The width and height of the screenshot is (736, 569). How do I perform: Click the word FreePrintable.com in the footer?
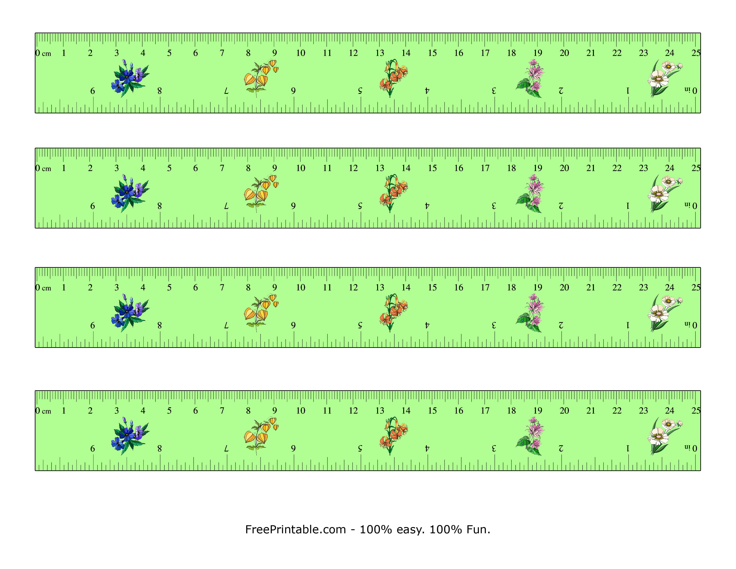[295, 530]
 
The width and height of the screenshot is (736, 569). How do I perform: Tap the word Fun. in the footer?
[478, 530]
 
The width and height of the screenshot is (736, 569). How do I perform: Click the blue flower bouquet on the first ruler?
[130, 78]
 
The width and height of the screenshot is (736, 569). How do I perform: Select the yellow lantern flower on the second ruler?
[260, 193]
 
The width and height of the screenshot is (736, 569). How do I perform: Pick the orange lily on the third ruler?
[393, 312]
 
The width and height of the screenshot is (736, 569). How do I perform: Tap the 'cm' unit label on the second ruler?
[47, 168]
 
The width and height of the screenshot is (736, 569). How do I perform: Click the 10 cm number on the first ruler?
[301, 53]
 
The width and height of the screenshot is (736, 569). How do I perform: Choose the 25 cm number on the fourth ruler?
[696, 411]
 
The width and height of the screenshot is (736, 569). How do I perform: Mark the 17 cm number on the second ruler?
[485, 168]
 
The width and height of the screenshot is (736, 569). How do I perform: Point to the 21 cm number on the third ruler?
[590, 288]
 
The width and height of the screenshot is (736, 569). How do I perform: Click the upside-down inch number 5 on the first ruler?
[360, 91]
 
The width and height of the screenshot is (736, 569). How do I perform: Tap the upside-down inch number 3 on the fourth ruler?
[494, 448]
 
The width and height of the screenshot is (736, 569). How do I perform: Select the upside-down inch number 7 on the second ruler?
[226, 206]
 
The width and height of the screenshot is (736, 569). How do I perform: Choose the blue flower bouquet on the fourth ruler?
[130, 436]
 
